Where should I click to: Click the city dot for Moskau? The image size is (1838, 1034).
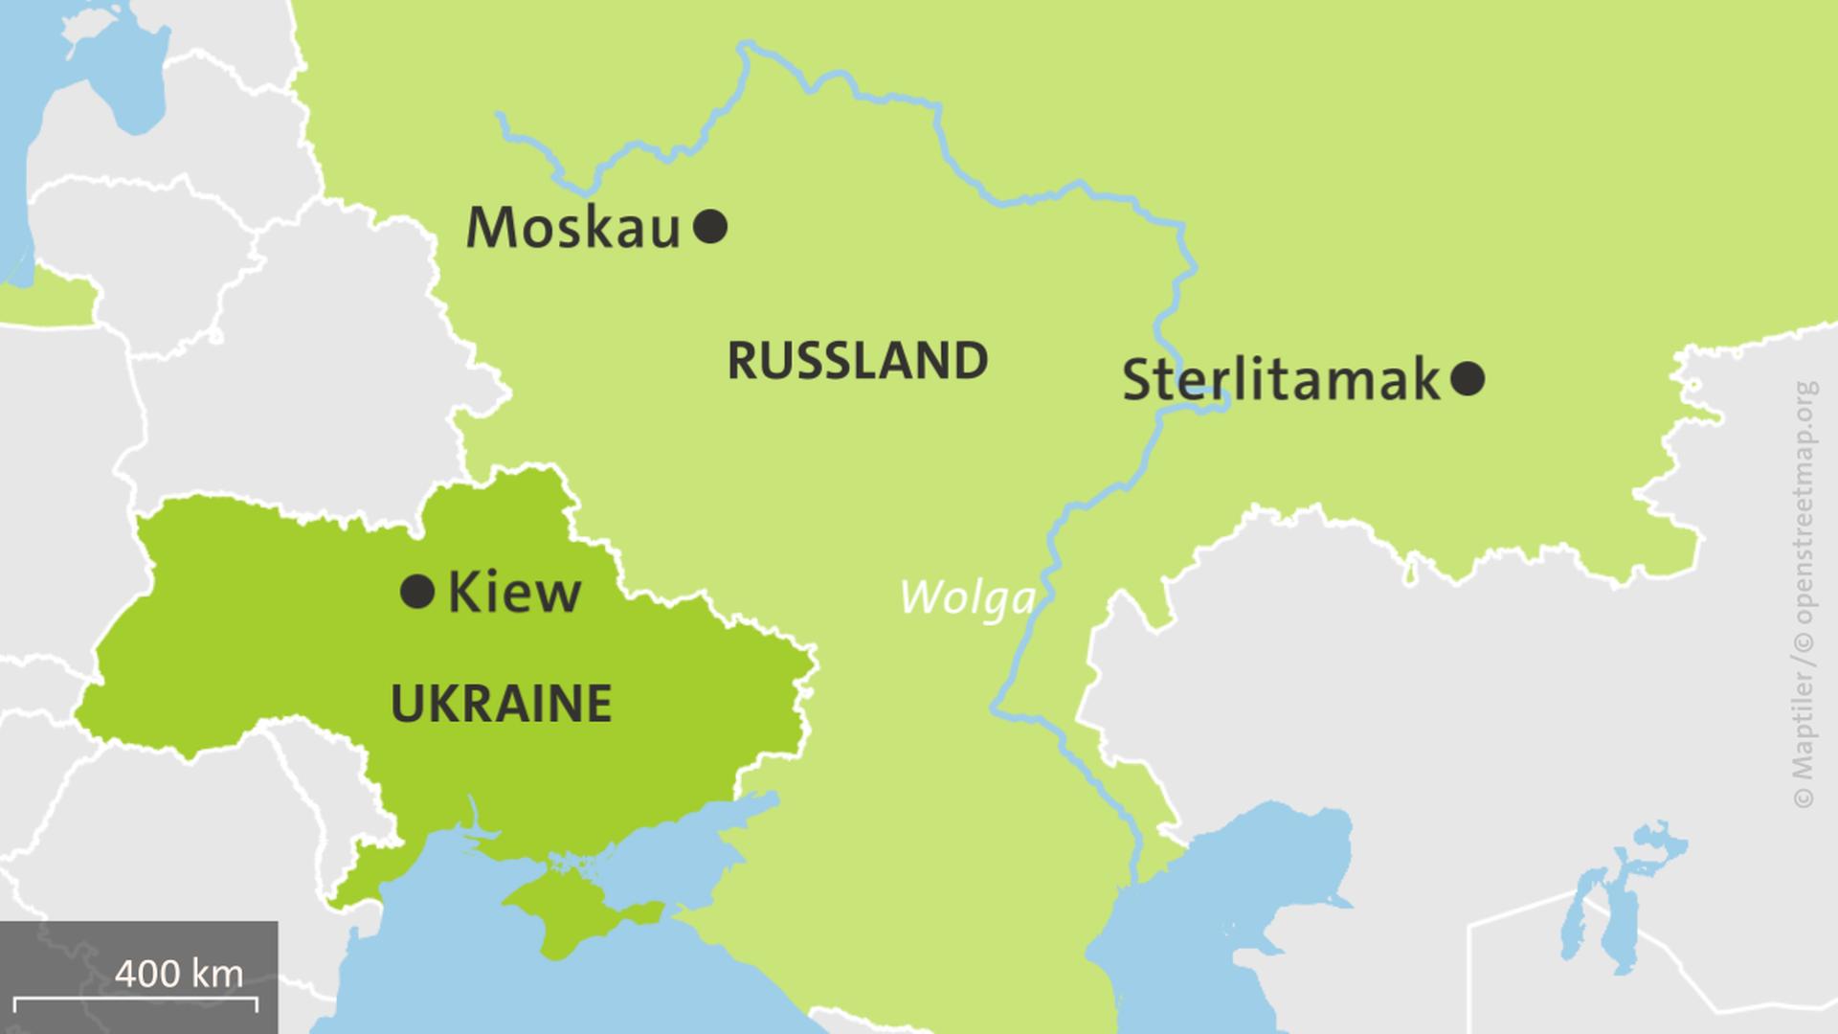click(710, 228)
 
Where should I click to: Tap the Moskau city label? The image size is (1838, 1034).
click(572, 229)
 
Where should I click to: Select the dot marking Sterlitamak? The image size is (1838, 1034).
click(1468, 379)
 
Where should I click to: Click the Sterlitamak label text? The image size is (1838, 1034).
click(1281, 380)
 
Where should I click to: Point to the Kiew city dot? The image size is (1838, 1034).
click(417, 592)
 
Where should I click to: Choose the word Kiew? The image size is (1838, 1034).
click(514, 593)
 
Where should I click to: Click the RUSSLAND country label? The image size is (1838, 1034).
click(858, 361)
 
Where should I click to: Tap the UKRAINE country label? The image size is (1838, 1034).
click(502, 704)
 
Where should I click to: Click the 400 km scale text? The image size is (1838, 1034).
click(179, 974)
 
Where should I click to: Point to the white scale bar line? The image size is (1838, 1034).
click(136, 1000)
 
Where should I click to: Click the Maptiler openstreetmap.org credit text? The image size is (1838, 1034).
click(1804, 594)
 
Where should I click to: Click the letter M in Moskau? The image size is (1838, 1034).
click(490, 229)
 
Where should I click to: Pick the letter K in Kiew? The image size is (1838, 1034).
click(462, 593)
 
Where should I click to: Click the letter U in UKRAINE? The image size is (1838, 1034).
click(407, 704)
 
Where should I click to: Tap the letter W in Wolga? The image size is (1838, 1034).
click(919, 598)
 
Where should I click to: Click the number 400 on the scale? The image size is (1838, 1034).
click(146, 974)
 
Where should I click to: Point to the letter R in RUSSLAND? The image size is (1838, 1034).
click(743, 361)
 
